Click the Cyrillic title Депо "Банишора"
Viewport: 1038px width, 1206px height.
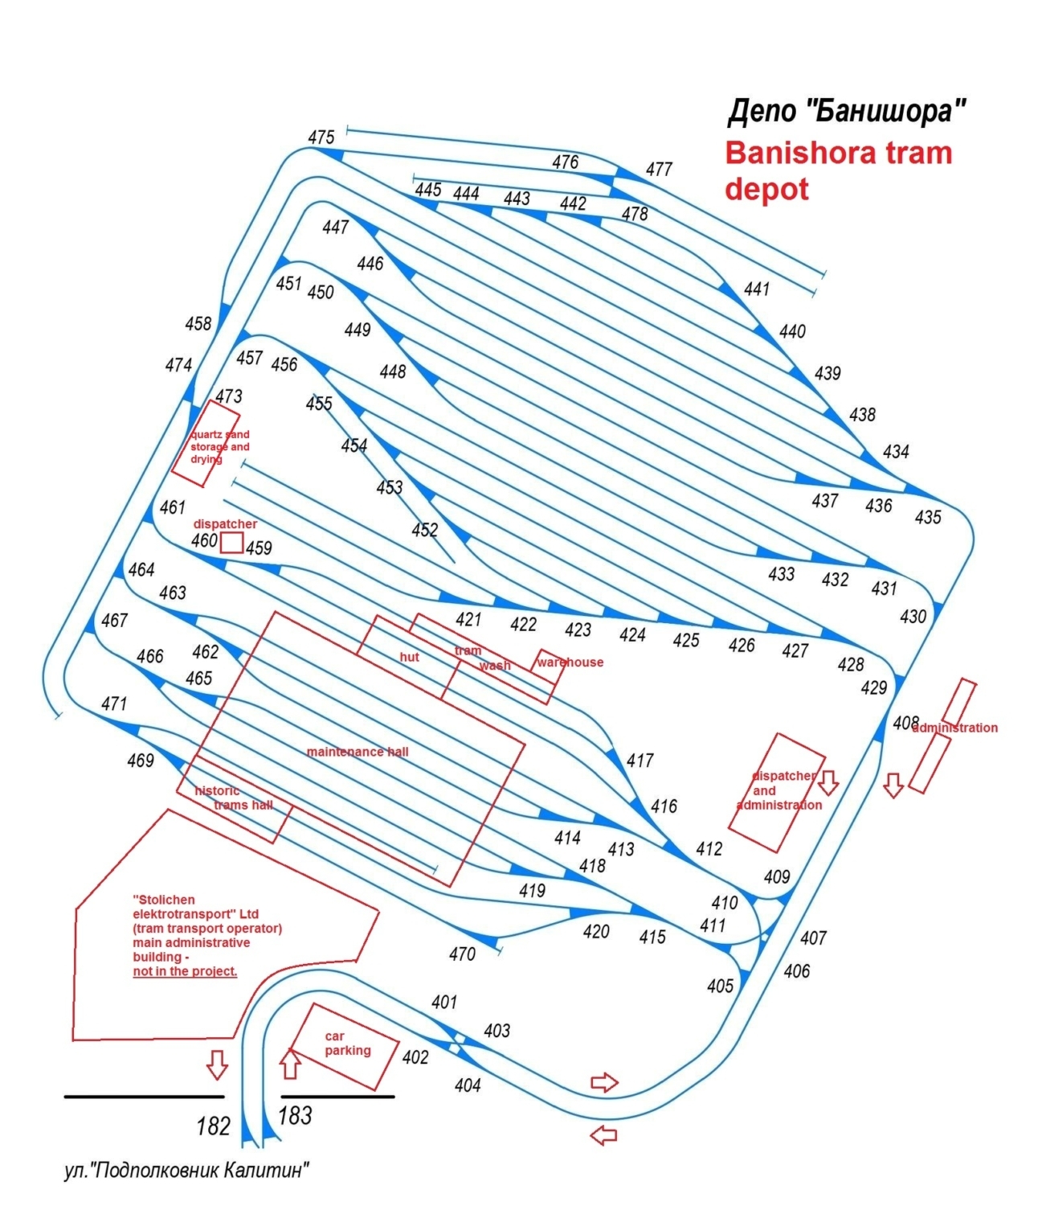pyautogui.click(x=846, y=111)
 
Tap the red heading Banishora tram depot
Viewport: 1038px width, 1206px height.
pyautogui.click(x=838, y=170)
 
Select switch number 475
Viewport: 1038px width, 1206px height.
pyautogui.click(x=321, y=137)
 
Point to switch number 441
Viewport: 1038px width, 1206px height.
pyautogui.click(x=756, y=289)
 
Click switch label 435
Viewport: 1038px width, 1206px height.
pyautogui.click(x=927, y=517)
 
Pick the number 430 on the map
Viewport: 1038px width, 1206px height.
pyautogui.click(x=913, y=616)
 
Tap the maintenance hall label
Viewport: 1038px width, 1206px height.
pyautogui.click(x=358, y=752)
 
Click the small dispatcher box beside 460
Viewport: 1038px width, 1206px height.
pyautogui.click(x=231, y=543)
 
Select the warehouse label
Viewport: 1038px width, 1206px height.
pyautogui.click(x=570, y=662)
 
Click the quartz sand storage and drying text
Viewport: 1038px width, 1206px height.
pyautogui.click(x=220, y=446)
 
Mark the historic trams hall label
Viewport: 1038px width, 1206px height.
pyautogui.click(x=234, y=798)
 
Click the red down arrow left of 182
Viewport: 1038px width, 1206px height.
pyautogui.click(x=217, y=1064)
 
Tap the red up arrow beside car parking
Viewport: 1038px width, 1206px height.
pyautogui.click(x=290, y=1064)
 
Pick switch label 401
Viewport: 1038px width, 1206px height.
pyautogui.click(x=443, y=1003)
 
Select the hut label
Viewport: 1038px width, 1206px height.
pyautogui.click(x=409, y=657)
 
